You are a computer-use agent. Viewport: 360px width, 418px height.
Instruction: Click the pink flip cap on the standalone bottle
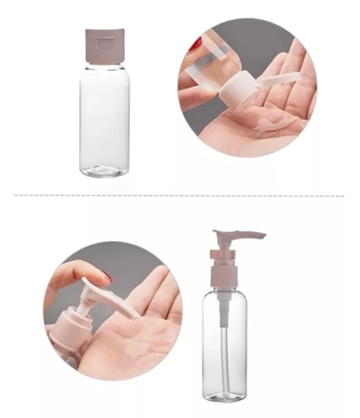tap(105, 47)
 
